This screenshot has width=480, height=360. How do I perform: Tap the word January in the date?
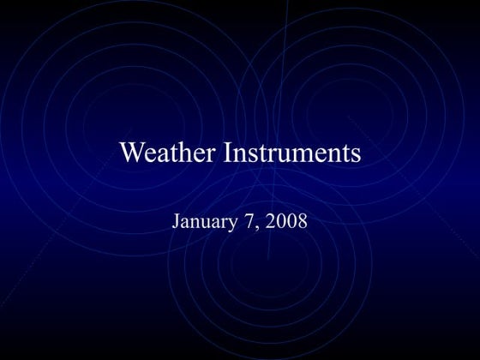204,221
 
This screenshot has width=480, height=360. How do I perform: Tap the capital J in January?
177,221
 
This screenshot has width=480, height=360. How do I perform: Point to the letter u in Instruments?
282,155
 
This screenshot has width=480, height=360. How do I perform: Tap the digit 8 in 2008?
302,221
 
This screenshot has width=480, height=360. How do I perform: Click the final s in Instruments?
355,155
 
